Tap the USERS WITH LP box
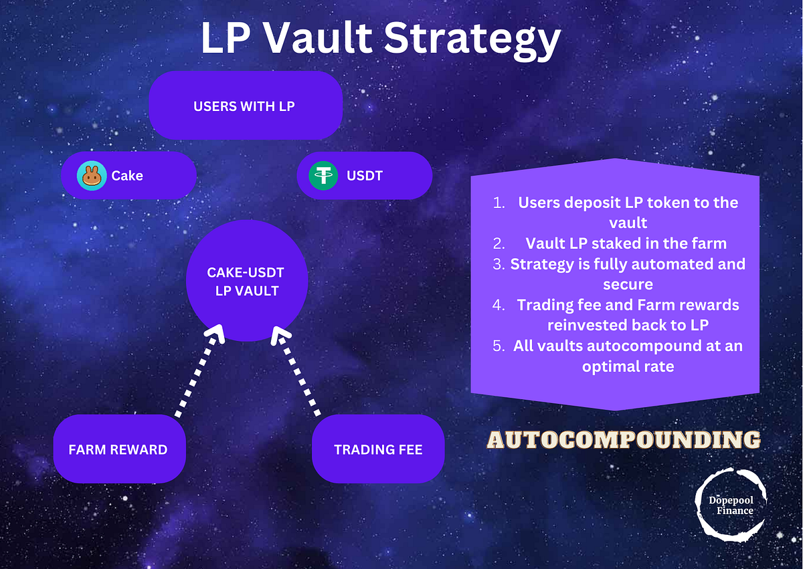pyautogui.click(x=245, y=106)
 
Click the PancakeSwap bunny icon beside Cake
pyautogui.click(x=92, y=176)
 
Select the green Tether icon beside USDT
pyautogui.click(x=324, y=176)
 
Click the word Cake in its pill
pyautogui.click(x=127, y=176)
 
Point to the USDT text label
pyautogui.click(x=365, y=176)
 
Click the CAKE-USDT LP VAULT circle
pyautogui.click(x=246, y=281)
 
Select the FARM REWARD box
pyautogui.click(x=118, y=449)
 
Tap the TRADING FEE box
pyautogui.click(x=378, y=449)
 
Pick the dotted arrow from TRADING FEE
pyautogui.click(x=299, y=372)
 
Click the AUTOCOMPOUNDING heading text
pyautogui.click(x=623, y=439)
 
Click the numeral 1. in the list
pyautogui.click(x=499, y=203)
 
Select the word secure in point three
pyautogui.click(x=628, y=284)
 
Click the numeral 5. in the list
pyautogui.click(x=499, y=346)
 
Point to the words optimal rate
pyautogui.click(x=628, y=366)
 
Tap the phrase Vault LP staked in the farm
pyautogui.click(x=626, y=243)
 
